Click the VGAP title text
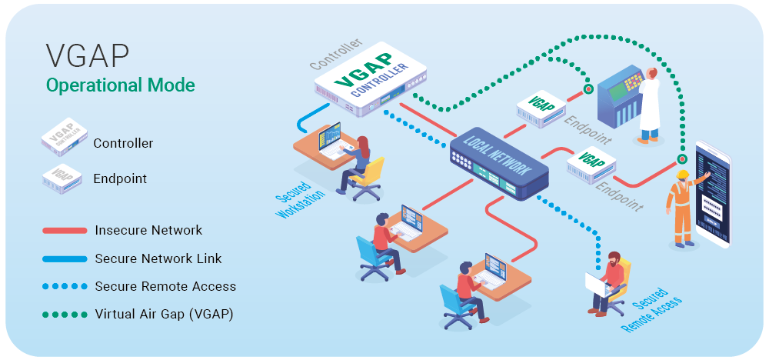pos(88,58)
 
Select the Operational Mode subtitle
pos(121,85)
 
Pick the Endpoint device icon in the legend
pos(64,178)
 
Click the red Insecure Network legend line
pos(65,230)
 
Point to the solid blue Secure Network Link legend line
pos(65,258)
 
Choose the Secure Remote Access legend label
pos(165,286)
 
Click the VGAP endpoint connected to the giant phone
pos(591,163)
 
